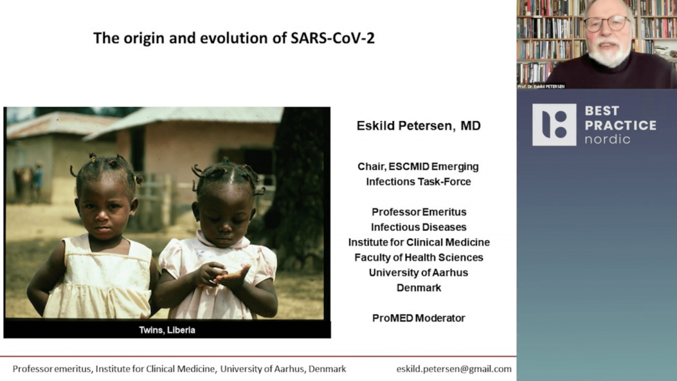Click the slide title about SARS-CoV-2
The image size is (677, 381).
point(234,38)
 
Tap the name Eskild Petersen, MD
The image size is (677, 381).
point(418,126)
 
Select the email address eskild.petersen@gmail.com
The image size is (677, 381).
point(454,369)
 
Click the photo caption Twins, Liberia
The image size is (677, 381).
point(167,330)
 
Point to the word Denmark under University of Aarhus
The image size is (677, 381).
point(418,288)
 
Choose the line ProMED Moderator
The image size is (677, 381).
point(418,318)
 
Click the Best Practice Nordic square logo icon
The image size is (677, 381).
point(554,124)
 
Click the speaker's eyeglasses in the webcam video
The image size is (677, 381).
point(608,23)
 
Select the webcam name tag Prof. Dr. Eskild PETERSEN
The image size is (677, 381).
point(541,87)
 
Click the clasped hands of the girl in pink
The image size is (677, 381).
point(221,276)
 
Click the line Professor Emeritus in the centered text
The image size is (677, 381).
point(418,212)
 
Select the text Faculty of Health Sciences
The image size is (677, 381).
point(418,257)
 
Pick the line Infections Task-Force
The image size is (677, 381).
point(418,182)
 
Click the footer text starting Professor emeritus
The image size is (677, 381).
point(179,369)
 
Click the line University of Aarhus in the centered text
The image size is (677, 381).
point(418,273)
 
